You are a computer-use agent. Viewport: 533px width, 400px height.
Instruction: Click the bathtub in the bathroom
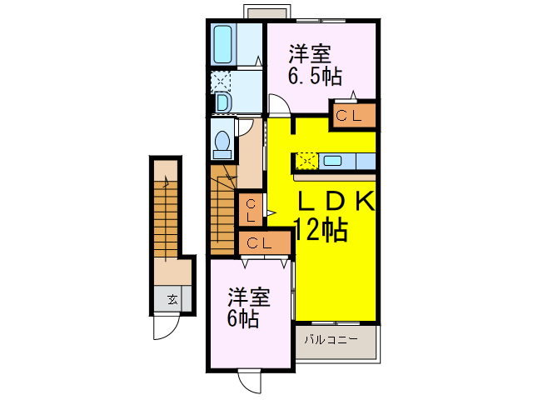tap(223, 44)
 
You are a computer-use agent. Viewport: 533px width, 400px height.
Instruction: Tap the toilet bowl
tap(222, 143)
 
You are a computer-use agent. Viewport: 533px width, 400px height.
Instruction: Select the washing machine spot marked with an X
tap(221, 81)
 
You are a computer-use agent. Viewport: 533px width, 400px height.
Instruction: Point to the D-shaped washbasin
tap(222, 102)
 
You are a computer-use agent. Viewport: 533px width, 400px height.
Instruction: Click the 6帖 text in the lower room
tap(242, 317)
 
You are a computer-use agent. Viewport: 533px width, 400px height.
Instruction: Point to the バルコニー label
tap(331, 340)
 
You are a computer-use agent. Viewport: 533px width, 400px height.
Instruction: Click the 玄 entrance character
tap(172, 299)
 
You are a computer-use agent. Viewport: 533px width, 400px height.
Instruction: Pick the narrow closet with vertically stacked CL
tap(250, 208)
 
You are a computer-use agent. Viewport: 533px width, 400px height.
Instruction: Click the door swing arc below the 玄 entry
tap(164, 328)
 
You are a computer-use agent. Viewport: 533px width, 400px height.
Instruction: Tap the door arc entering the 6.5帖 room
tap(278, 106)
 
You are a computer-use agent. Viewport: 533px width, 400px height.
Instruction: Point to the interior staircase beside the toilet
tap(222, 207)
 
